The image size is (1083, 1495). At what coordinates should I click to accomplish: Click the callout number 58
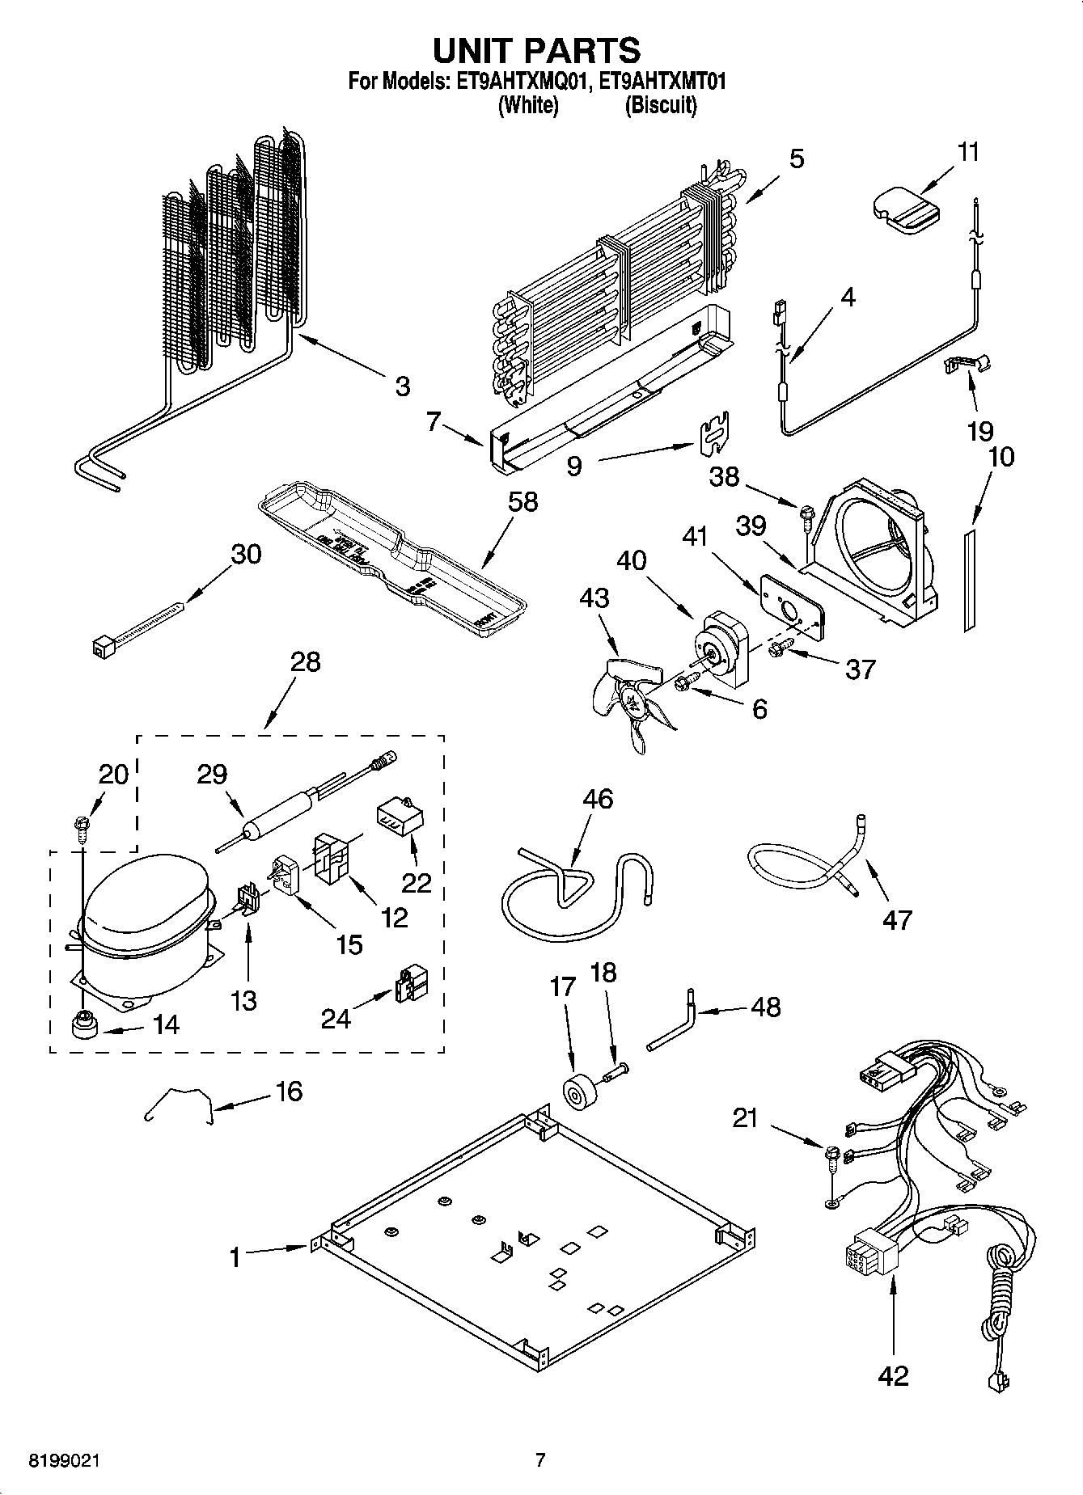click(522, 502)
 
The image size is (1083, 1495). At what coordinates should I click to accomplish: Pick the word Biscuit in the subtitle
click(661, 105)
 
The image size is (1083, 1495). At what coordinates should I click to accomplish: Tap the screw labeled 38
click(806, 513)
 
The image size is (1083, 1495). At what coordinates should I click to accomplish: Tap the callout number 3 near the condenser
click(402, 386)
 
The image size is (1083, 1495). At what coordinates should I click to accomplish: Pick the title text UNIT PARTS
click(536, 50)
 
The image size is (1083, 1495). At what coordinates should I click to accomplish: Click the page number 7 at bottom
click(540, 1460)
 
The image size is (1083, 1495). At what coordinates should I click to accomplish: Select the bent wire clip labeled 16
click(180, 1104)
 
